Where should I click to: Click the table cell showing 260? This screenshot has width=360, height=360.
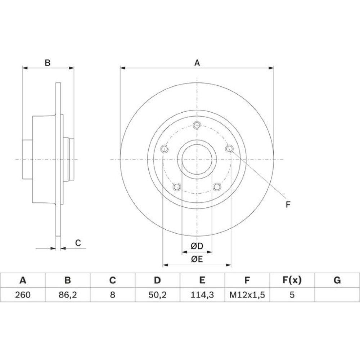[23, 294]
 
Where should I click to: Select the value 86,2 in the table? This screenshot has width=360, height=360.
[68, 294]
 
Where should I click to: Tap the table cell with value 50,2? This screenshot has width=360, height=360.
[157, 294]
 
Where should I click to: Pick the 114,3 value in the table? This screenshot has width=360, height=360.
[202, 294]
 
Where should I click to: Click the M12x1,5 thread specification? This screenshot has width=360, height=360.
[247, 294]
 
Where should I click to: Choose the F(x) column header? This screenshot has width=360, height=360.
[292, 280]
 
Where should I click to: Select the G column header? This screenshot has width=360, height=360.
[337, 280]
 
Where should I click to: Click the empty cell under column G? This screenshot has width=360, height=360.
[337, 295]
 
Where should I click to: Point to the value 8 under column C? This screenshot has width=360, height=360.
[112, 294]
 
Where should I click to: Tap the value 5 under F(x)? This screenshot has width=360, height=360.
[292, 294]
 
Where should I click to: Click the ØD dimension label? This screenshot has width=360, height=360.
[197, 246]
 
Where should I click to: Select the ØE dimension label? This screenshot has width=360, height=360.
[197, 259]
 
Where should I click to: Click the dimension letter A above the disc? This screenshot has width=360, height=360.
[197, 63]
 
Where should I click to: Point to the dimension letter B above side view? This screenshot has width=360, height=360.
[48, 63]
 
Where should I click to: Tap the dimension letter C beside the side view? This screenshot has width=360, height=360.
[78, 243]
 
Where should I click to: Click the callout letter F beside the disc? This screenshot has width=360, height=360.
[288, 204]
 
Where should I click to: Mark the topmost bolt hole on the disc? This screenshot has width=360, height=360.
[197, 125]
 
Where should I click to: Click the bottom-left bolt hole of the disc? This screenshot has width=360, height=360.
[177, 187]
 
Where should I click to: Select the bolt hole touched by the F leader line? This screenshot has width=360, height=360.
[229, 149]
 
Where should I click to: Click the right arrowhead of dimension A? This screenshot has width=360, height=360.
[271, 68]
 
